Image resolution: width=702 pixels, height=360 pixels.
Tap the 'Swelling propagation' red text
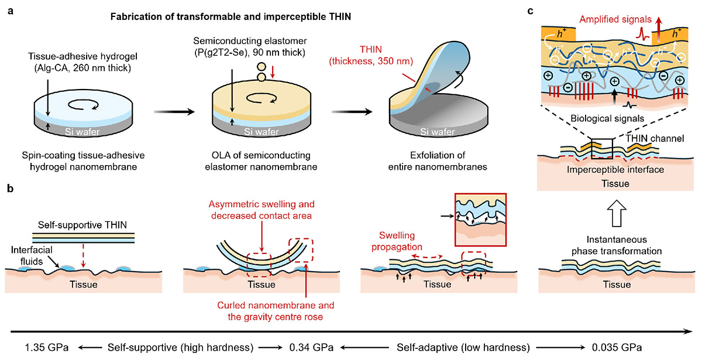click(397, 241)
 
